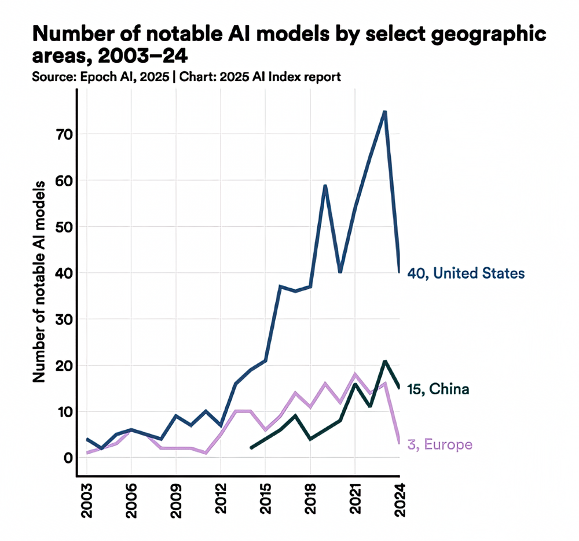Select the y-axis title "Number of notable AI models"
tap(39, 281)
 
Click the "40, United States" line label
tap(466, 273)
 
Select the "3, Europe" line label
tap(439, 444)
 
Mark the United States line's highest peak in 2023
tap(384, 112)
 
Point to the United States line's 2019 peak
tap(325, 186)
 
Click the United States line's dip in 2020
tap(340, 273)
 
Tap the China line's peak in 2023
tap(384, 361)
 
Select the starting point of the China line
tap(251, 448)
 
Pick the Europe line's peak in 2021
tap(354, 374)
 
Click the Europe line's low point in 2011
tap(206, 453)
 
